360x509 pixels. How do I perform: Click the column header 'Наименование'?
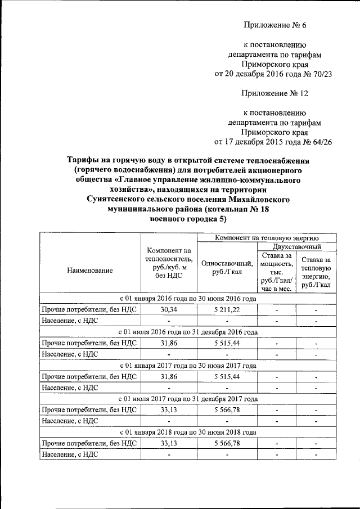pyautogui.click(x=89, y=270)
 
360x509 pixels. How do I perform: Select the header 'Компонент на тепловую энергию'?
pyautogui.click(x=267, y=238)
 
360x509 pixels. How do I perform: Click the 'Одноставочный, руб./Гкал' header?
pyautogui.click(x=227, y=267)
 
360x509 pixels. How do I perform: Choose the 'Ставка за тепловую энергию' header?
pyautogui.click(x=316, y=272)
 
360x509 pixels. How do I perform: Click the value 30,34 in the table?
pyautogui.click(x=169, y=309)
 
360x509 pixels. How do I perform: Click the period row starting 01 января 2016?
pyautogui.click(x=188, y=298)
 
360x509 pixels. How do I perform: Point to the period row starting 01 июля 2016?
pyautogui.click(x=188, y=332)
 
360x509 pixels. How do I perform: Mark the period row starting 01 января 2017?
pyautogui.click(x=188, y=366)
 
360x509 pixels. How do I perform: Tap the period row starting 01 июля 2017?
pyautogui.click(x=188, y=399)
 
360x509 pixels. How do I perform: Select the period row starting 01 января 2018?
pyautogui.click(x=188, y=432)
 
